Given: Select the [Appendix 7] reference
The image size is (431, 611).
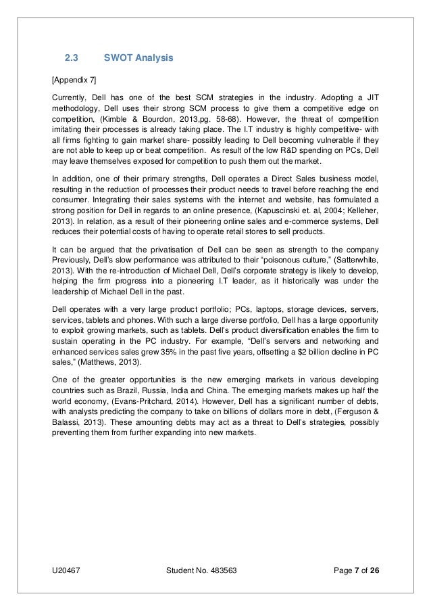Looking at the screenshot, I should (x=76, y=80).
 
